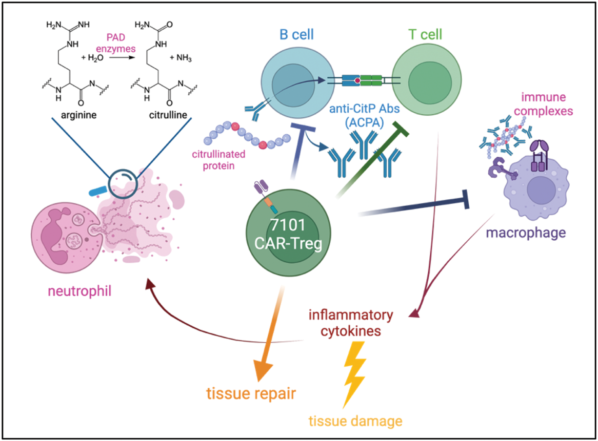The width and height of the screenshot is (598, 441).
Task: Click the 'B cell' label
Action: pyautogui.click(x=296, y=34)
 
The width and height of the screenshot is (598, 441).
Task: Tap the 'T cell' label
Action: pyautogui.click(x=425, y=34)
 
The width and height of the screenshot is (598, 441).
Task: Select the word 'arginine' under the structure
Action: pyautogui.click(x=78, y=115)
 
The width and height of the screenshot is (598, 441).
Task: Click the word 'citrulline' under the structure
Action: pyautogui.click(x=168, y=115)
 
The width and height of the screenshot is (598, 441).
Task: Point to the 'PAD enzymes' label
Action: pyautogui.click(x=116, y=43)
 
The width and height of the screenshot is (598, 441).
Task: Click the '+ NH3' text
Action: pyautogui.click(x=181, y=58)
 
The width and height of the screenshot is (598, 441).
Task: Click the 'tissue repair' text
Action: pyautogui.click(x=251, y=393)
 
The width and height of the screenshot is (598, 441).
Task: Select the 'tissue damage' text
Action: pyautogui.click(x=355, y=421)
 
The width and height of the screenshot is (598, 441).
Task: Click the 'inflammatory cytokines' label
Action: pyautogui.click(x=351, y=323)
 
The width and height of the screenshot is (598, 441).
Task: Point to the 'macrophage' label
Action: pyautogui.click(x=526, y=233)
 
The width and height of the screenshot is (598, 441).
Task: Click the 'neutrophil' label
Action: pyautogui.click(x=79, y=291)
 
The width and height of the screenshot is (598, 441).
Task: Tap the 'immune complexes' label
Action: pyautogui.click(x=544, y=103)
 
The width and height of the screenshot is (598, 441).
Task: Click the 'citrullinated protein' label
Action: pyautogui.click(x=218, y=160)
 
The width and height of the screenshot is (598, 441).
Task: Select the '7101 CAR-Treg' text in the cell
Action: pyautogui.click(x=288, y=234)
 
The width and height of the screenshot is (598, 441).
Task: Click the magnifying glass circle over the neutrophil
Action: pyautogui.click(x=123, y=183)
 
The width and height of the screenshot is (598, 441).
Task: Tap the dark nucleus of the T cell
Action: pyautogui.click(x=430, y=82)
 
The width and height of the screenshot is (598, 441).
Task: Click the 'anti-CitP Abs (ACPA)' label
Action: pyautogui.click(x=364, y=116)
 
